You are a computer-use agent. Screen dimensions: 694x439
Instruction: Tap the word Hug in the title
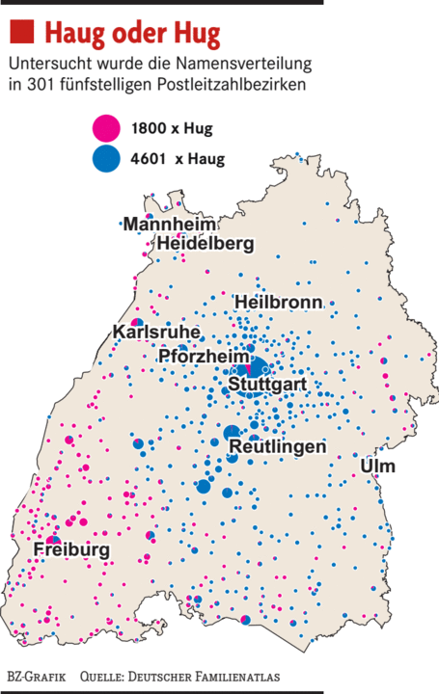click(197, 35)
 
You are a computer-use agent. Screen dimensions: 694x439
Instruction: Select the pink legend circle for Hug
click(105, 127)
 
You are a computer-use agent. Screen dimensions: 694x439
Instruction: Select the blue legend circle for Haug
click(105, 157)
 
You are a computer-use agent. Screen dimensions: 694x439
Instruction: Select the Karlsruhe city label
click(156, 333)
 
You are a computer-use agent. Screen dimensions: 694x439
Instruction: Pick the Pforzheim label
click(204, 357)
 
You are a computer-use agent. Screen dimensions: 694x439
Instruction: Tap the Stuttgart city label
click(267, 385)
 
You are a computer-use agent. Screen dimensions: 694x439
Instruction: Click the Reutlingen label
click(277, 447)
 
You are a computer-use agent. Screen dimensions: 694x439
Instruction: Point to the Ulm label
click(377, 467)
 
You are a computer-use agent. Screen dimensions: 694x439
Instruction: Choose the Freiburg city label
click(71, 549)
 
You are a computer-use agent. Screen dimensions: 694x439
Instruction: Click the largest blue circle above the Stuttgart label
click(257, 366)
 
